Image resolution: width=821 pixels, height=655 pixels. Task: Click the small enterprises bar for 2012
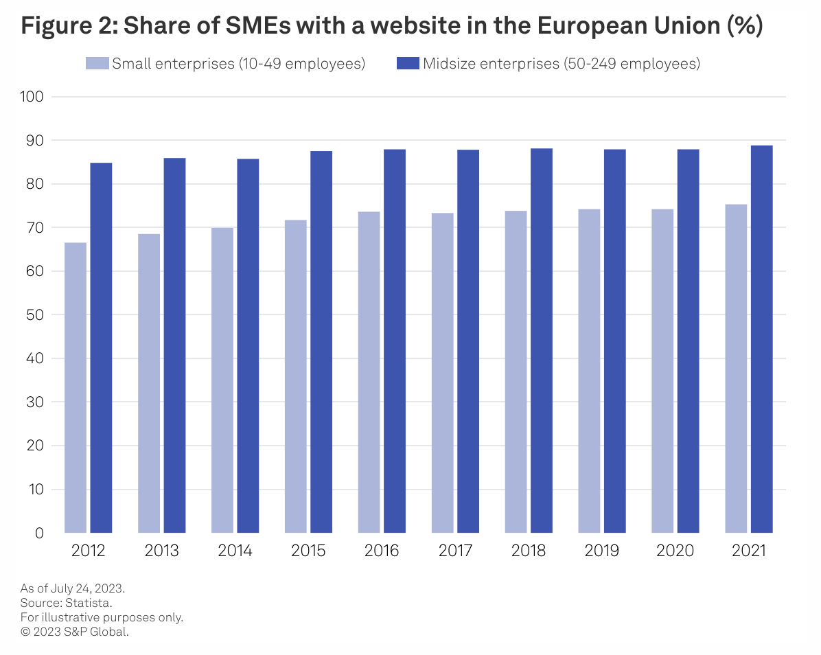[x=76, y=387]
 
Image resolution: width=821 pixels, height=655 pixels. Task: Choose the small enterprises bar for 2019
[x=589, y=370]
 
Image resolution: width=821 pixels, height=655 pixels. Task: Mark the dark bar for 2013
[x=174, y=345]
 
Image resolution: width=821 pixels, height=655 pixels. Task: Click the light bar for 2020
[x=662, y=370]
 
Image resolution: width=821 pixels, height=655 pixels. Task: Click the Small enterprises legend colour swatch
[x=97, y=64]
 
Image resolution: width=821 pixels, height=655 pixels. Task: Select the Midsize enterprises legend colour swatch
[x=408, y=64]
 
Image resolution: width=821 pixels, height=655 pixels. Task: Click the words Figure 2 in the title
[x=62, y=27]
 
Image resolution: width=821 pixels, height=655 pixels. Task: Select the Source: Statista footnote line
[x=66, y=603]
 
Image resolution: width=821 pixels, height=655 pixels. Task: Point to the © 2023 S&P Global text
[x=75, y=632]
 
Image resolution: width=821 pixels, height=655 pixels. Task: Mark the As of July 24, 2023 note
[x=73, y=588]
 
